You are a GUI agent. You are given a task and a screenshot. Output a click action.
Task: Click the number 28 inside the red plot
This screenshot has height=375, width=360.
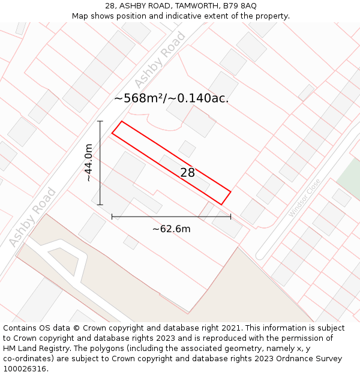coord(187,173)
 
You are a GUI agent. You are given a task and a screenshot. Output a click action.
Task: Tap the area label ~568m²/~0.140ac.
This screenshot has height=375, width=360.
coord(171,98)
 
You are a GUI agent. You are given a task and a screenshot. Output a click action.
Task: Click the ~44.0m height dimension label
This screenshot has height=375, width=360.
coord(89,163)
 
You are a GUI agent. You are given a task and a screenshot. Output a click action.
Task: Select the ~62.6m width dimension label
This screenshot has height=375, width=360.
coord(171,229)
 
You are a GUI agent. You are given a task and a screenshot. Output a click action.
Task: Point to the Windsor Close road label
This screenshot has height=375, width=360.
coord(304,197)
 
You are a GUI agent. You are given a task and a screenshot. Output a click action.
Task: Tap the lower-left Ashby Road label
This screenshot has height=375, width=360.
coord(33,217)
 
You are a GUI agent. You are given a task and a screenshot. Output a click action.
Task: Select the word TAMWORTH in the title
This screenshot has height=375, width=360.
coord(196,6)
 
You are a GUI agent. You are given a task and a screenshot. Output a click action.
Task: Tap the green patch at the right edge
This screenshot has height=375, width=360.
coord(349,180)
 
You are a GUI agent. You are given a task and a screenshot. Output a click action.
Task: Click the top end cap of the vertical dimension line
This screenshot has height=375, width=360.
coord(100,121)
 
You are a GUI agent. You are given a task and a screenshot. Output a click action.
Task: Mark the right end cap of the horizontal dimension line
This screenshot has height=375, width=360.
coord(231,216)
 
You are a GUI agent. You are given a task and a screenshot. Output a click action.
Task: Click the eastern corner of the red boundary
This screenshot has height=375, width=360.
coord(231,192)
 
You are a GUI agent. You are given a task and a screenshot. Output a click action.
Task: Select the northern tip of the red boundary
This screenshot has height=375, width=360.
coord(122,122)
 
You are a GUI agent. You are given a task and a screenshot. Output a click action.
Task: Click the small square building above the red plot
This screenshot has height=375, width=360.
coord(187,148)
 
